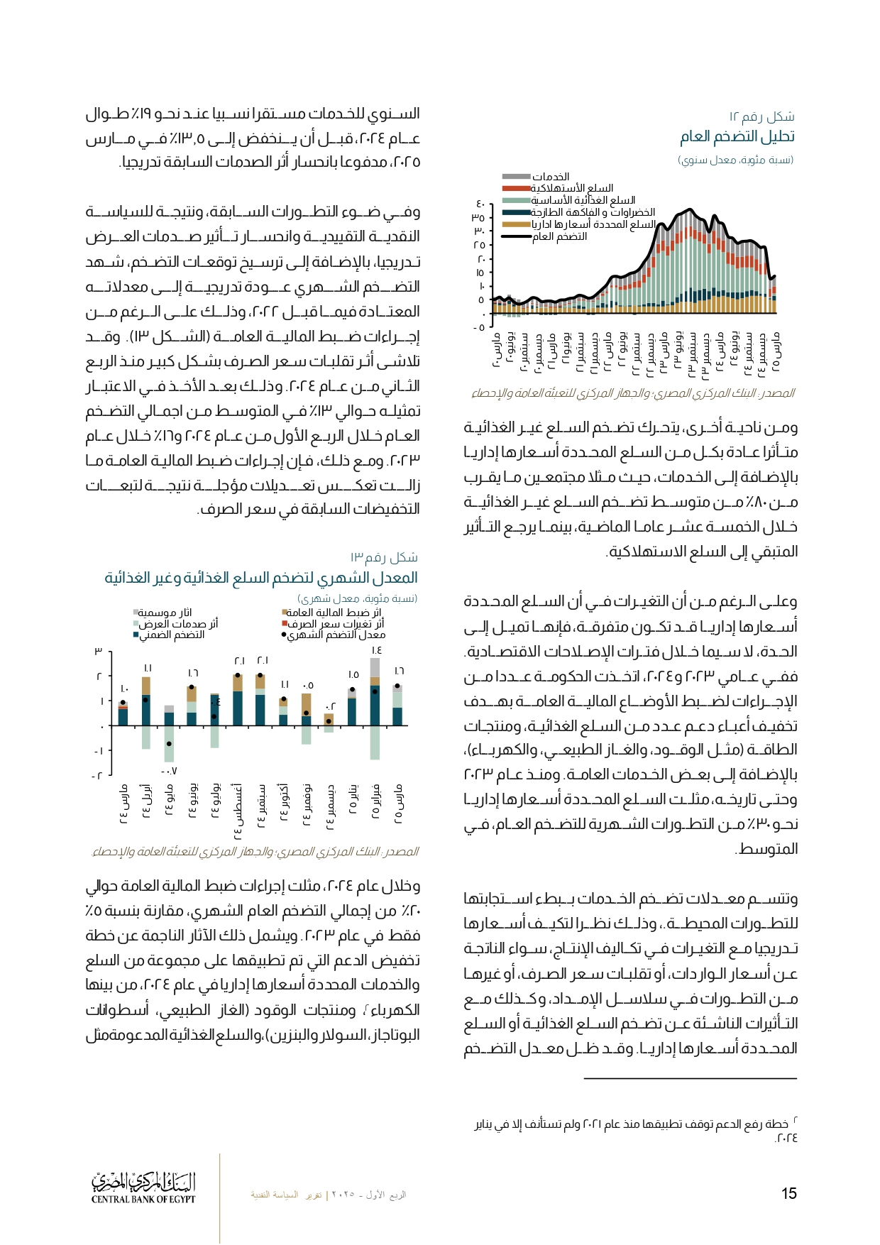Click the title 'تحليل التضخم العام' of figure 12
click(x=737, y=136)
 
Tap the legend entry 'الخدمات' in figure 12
click(x=551, y=176)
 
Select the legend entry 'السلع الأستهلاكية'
click(x=572, y=188)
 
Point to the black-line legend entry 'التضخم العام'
click(x=560, y=236)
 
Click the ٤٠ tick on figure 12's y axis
click(x=480, y=205)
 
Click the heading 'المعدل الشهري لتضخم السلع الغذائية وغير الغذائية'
click(x=261, y=578)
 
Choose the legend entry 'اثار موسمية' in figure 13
click(x=165, y=612)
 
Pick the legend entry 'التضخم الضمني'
click(x=172, y=635)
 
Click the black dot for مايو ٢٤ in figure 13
click(x=169, y=744)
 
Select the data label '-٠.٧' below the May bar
click(x=169, y=771)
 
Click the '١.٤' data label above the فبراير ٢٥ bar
click(x=376, y=650)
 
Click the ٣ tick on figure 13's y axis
click(x=99, y=651)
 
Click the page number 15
click(x=788, y=1193)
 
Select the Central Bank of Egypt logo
click(x=143, y=1187)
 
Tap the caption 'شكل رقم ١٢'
click(x=761, y=116)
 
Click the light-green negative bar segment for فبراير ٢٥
click(x=375, y=742)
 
